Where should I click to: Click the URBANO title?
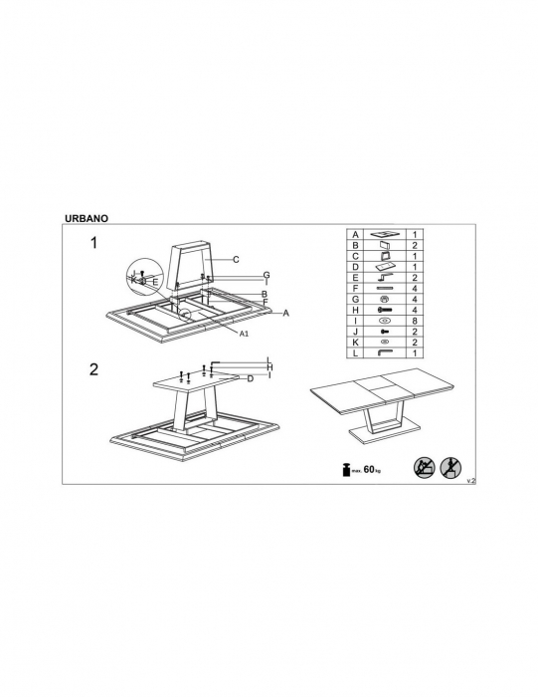tap(87, 218)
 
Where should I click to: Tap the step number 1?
tap(93, 243)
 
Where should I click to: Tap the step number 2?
tap(93, 369)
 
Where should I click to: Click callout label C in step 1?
tap(236, 260)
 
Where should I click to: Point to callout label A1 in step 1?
tap(244, 333)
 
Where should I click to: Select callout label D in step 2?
tap(251, 378)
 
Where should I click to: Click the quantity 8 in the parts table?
tap(415, 321)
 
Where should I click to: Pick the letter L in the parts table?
tap(355, 353)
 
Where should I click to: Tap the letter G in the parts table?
tap(355, 300)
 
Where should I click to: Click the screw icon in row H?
tap(385, 310)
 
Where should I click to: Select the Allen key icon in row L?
tap(384, 352)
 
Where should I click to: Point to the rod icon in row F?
tap(385, 289)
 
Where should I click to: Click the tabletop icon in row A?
tap(385, 234)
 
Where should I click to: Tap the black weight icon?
tap(345, 470)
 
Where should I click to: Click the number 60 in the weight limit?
tap(369, 469)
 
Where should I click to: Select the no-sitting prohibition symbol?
tap(424, 468)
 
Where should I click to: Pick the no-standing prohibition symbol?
tap(450, 468)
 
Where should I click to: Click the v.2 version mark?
tap(471, 481)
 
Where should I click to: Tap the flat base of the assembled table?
tap(385, 433)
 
